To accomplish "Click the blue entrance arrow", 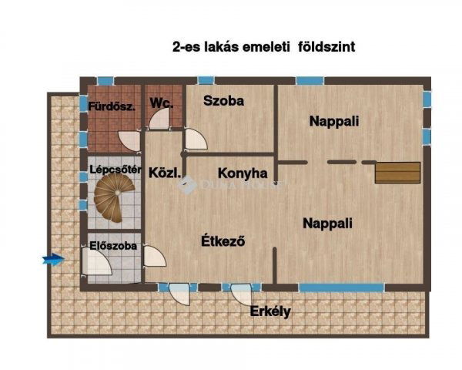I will coord(53,260).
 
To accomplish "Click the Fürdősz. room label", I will coord(112,106).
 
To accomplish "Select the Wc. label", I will coord(160,102).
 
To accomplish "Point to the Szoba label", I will coord(223,101).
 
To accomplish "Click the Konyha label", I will coord(243,173).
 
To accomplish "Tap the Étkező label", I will coord(223,240).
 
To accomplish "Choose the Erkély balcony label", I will coord(270,312).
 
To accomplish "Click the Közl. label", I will coord(164,173).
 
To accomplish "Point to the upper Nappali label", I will coord(334,121).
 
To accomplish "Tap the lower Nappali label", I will coord(327,224).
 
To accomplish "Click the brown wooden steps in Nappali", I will coord(397,172).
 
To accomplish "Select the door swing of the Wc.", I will coord(159,118).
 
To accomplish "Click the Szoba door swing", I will coord(196,139).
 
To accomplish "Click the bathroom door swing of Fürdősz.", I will coord(129,140).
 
